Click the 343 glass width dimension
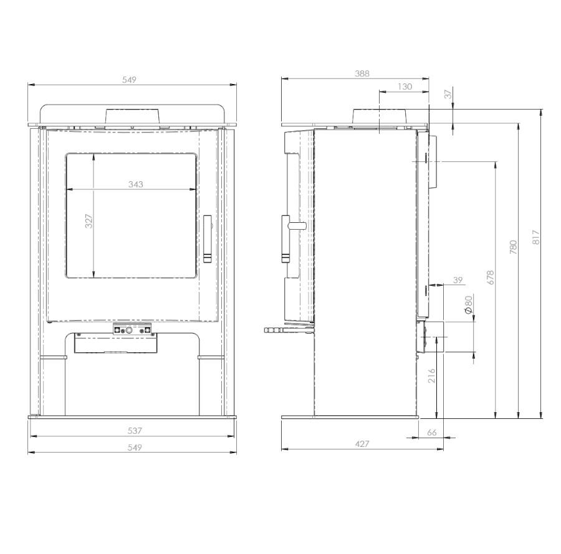(136, 184)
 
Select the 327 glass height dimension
(89, 221)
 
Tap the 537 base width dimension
(135, 431)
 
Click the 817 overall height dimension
(535, 237)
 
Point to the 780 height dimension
(513, 247)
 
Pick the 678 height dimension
(491, 277)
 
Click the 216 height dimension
(431, 376)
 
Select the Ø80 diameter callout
(468, 304)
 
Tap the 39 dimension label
(458, 280)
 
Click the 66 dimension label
(432, 433)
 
